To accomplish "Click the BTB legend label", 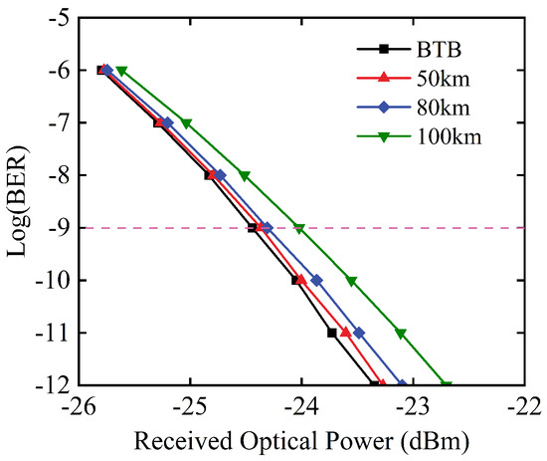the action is coord(439,50).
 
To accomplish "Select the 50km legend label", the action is coord(443,79).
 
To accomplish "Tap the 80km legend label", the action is coord(443,108).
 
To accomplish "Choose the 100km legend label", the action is coord(449,136).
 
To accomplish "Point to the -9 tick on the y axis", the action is coord(58,228).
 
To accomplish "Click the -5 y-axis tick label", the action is coord(58,17).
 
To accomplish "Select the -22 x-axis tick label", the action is coord(525,407).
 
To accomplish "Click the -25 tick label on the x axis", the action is coord(190,407).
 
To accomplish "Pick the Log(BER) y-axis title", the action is coord(18,201).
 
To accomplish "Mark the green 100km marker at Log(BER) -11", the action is coord(401,334).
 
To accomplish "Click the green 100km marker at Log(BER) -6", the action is coord(121,71).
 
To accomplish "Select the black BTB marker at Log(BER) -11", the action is coord(332,333).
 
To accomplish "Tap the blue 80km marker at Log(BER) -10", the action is coord(316,280).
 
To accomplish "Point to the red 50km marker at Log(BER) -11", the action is coord(345,332).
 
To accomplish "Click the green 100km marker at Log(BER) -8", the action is coord(245,176).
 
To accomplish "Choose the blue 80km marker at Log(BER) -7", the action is coord(167,122).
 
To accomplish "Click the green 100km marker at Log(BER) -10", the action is coord(351,281).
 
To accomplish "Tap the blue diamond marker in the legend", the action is coord(384,108).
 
